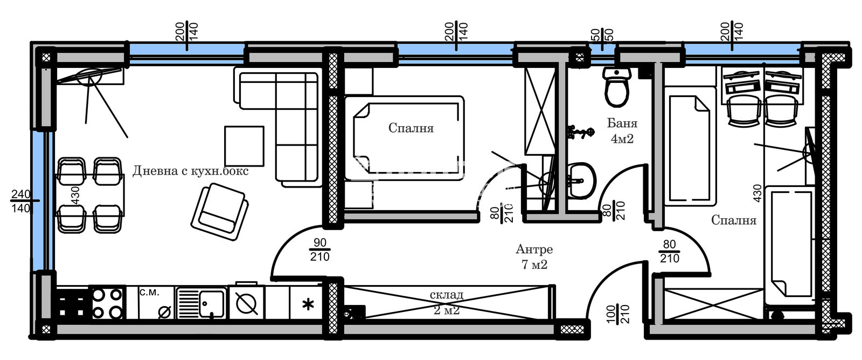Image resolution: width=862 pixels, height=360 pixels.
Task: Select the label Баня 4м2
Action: (622, 131)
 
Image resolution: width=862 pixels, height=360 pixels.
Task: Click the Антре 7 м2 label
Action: (534, 257)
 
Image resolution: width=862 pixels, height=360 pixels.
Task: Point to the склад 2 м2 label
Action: (447, 302)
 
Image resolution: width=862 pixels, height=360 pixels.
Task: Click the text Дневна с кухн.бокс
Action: (191, 171)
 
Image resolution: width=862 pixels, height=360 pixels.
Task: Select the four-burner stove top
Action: (107, 303)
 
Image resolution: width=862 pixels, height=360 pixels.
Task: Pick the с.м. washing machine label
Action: (149, 293)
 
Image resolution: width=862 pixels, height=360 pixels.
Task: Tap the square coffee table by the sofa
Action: (244, 146)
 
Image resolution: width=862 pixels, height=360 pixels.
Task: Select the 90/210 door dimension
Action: (319, 250)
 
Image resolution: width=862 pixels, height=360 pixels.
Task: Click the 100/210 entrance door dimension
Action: (617, 314)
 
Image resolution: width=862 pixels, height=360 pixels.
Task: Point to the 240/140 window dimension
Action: (21, 201)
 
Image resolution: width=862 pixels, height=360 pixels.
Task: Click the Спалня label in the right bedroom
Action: (733, 220)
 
